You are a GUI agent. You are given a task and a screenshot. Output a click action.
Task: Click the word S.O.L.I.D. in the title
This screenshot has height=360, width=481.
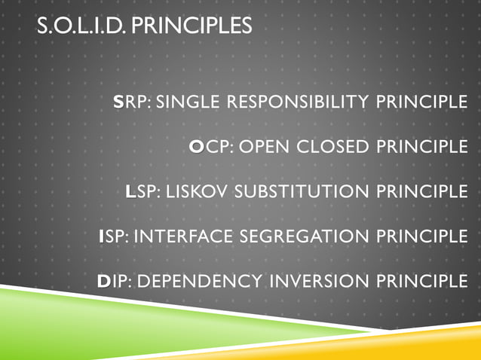[x=81, y=26]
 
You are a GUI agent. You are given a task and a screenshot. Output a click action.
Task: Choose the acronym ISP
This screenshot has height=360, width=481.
[x=114, y=236]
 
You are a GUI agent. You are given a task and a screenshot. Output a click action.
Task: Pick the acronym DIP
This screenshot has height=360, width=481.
[x=115, y=282]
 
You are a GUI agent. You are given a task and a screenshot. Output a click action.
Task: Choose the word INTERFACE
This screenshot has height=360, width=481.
[x=184, y=236]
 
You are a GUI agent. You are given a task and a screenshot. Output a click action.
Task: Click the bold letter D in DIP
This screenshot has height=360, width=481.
[x=104, y=282]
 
